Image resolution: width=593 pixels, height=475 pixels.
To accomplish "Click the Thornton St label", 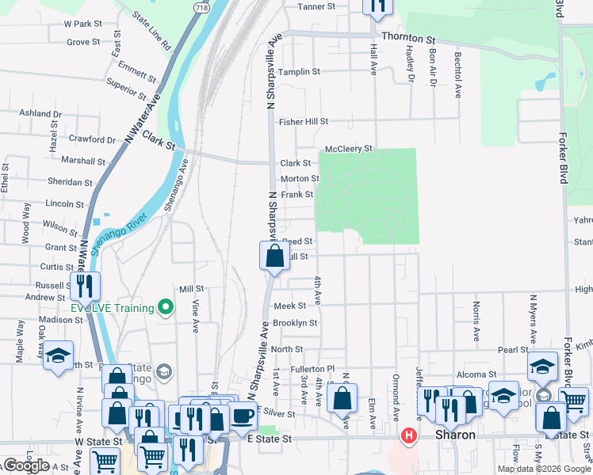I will [x=408, y=37].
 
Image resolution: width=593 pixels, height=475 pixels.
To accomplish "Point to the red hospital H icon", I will [x=409, y=435].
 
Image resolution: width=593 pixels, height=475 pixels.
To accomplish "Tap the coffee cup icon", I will [x=243, y=415].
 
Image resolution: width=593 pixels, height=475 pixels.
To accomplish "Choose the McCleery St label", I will [x=348, y=149].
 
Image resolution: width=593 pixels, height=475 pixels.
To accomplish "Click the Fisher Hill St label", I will [x=303, y=122].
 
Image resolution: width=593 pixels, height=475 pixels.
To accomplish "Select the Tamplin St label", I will [x=299, y=71].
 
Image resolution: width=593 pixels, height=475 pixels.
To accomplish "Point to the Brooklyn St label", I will [x=295, y=323].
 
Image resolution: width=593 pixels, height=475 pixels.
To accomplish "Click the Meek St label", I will [x=289, y=306].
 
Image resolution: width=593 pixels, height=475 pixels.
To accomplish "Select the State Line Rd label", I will [x=151, y=31].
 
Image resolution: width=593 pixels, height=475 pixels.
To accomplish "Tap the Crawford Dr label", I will [x=92, y=139].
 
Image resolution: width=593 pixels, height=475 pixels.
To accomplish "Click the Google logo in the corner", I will [x=26, y=465].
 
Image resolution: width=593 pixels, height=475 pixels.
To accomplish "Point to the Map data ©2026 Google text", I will [x=544, y=469].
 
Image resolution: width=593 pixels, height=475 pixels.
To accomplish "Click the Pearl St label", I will [x=513, y=349].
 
